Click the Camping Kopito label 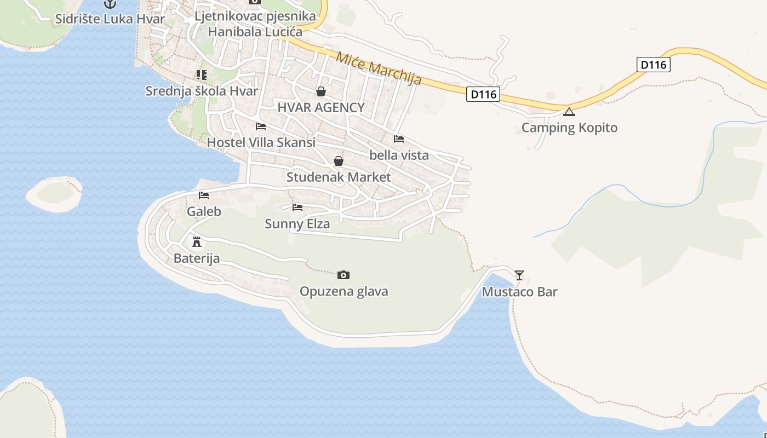(569, 128)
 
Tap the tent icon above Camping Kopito (569, 112)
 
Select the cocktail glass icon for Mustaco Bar (519, 275)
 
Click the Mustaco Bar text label (519, 292)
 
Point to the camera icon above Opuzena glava (344, 275)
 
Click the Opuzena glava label (344, 291)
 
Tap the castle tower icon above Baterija (197, 241)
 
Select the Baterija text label (197, 258)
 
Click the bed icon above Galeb (204, 195)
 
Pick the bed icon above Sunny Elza (297, 207)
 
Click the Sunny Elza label (297, 224)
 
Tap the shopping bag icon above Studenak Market (339, 161)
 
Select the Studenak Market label (339, 177)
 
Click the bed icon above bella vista (399, 139)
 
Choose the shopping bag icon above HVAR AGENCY (321, 91)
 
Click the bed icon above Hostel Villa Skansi (261, 126)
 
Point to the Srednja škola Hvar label (201, 91)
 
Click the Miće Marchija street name (379, 68)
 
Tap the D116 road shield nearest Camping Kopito (654, 65)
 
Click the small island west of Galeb (54, 194)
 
